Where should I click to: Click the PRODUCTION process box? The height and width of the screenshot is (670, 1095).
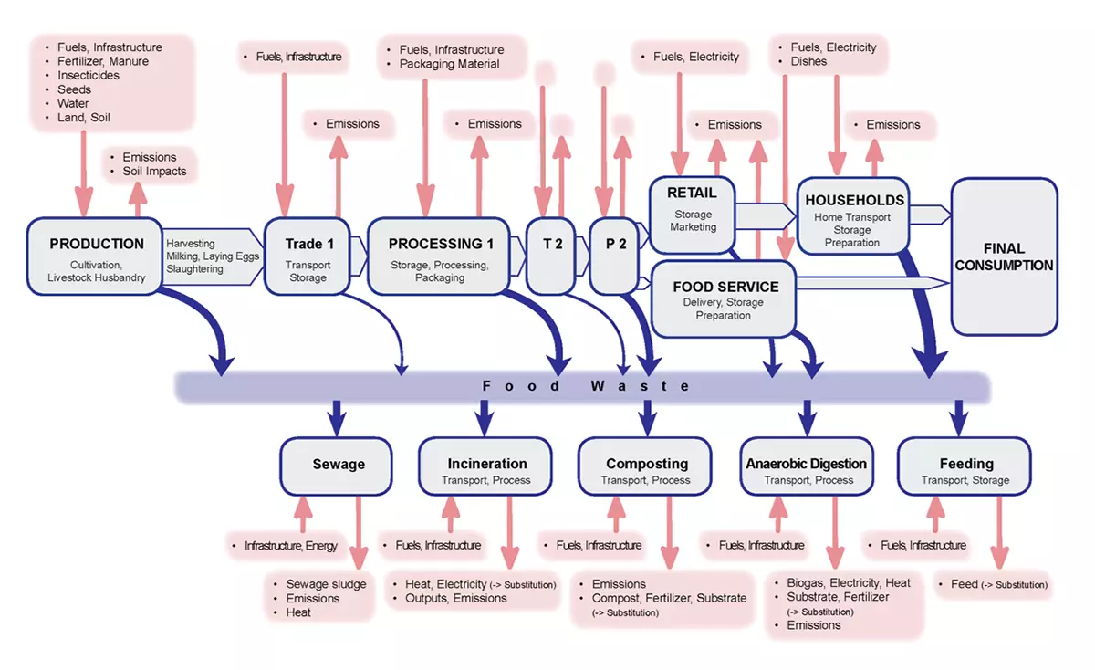[95, 256]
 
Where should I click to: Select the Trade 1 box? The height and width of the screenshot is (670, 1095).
[308, 256]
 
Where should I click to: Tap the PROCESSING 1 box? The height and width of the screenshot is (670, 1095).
[439, 256]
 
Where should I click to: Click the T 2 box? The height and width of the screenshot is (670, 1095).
[551, 256]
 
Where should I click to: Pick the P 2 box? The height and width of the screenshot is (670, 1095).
[614, 256]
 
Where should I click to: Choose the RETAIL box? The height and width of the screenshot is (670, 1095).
[693, 215]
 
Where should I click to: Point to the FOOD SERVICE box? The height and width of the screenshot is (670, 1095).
[724, 299]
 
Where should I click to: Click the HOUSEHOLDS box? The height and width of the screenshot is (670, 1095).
[853, 215]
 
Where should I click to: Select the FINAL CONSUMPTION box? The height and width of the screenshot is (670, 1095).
[1005, 256]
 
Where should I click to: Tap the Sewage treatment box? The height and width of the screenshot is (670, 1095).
[337, 466]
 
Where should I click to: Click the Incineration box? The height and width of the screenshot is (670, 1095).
[485, 466]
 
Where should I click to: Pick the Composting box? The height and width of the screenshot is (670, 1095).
[645, 466]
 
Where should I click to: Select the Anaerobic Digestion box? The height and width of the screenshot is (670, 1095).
[807, 466]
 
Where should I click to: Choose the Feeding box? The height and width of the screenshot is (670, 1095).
[965, 466]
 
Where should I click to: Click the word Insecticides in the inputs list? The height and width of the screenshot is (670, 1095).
[89, 76]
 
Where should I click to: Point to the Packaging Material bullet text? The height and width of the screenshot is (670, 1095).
[449, 64]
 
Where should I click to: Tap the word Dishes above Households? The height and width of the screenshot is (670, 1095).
[808, 62]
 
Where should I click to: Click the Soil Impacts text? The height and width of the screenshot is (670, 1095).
[154, 172]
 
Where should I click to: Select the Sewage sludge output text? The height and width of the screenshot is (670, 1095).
[326, 584]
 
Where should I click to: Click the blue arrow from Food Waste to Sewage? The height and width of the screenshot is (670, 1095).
[337, 418]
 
